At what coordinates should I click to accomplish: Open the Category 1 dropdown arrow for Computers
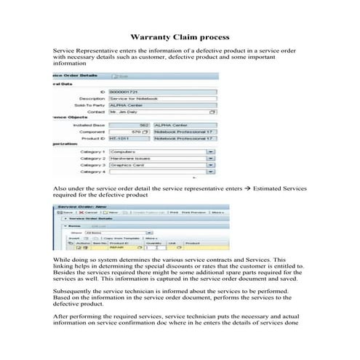(210, 151)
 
